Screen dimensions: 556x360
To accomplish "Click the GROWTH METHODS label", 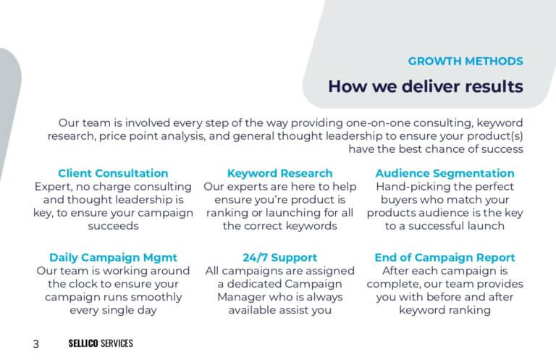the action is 466,61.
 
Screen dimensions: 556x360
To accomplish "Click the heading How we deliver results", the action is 426,86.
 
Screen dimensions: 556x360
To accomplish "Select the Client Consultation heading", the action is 113,173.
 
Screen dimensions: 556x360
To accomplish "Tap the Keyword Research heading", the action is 279,173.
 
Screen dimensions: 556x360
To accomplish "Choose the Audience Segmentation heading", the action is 445,173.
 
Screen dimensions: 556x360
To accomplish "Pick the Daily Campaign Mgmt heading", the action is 113,257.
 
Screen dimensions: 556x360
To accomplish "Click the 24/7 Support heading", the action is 279,257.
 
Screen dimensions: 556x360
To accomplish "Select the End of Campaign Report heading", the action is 445,257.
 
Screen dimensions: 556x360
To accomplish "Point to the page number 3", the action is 35,343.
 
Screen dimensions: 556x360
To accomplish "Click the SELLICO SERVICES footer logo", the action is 101,343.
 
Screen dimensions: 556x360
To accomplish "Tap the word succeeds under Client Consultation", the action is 113,226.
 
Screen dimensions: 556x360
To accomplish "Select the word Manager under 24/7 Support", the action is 240,297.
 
